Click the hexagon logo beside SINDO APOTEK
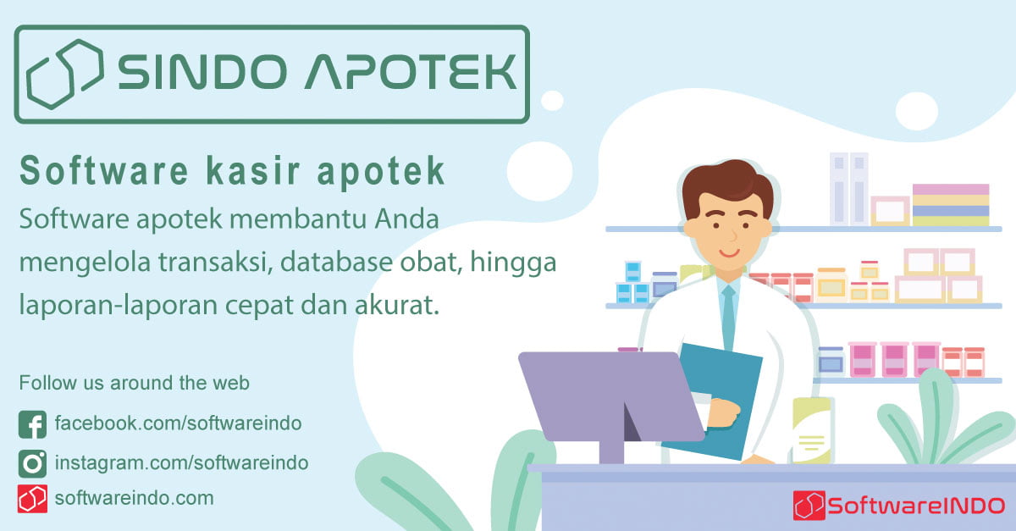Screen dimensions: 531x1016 (x=65, y=74)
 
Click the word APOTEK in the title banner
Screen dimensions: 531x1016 (x=411, y=73)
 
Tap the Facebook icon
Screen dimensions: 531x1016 (x=32, y=423)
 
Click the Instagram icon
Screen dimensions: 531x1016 (x=32, y=463)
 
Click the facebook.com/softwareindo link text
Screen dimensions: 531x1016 (x=178, y=423)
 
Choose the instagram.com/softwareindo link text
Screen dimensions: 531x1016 (x=181, y=463)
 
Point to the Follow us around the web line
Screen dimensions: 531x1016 (x=134, y=383)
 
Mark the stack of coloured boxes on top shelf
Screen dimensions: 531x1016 (x=950, y=204)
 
